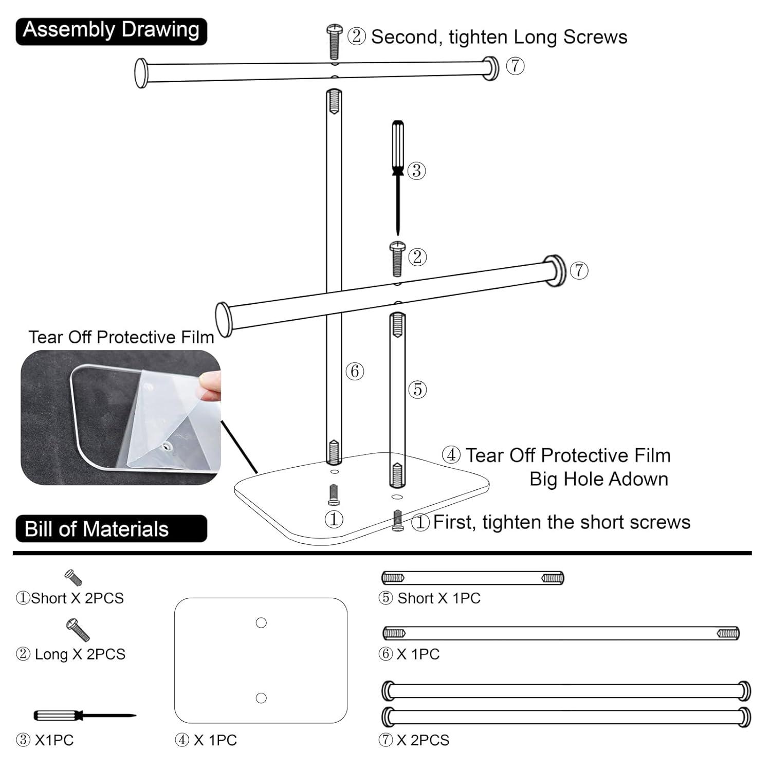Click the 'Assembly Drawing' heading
(111, 30)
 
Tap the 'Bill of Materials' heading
(97, 529)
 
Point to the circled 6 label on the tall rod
(355, 371)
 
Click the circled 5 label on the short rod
(417, 389)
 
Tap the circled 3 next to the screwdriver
(416, 171)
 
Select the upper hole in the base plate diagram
(261, 623)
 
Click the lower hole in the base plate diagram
(261, 698)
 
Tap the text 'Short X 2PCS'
(77, 598)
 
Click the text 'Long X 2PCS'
(80, 654)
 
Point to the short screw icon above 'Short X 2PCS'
(74, 577)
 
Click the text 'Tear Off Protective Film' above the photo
(121, 337)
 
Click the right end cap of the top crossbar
(490, 67)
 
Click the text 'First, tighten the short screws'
(561, 522)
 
